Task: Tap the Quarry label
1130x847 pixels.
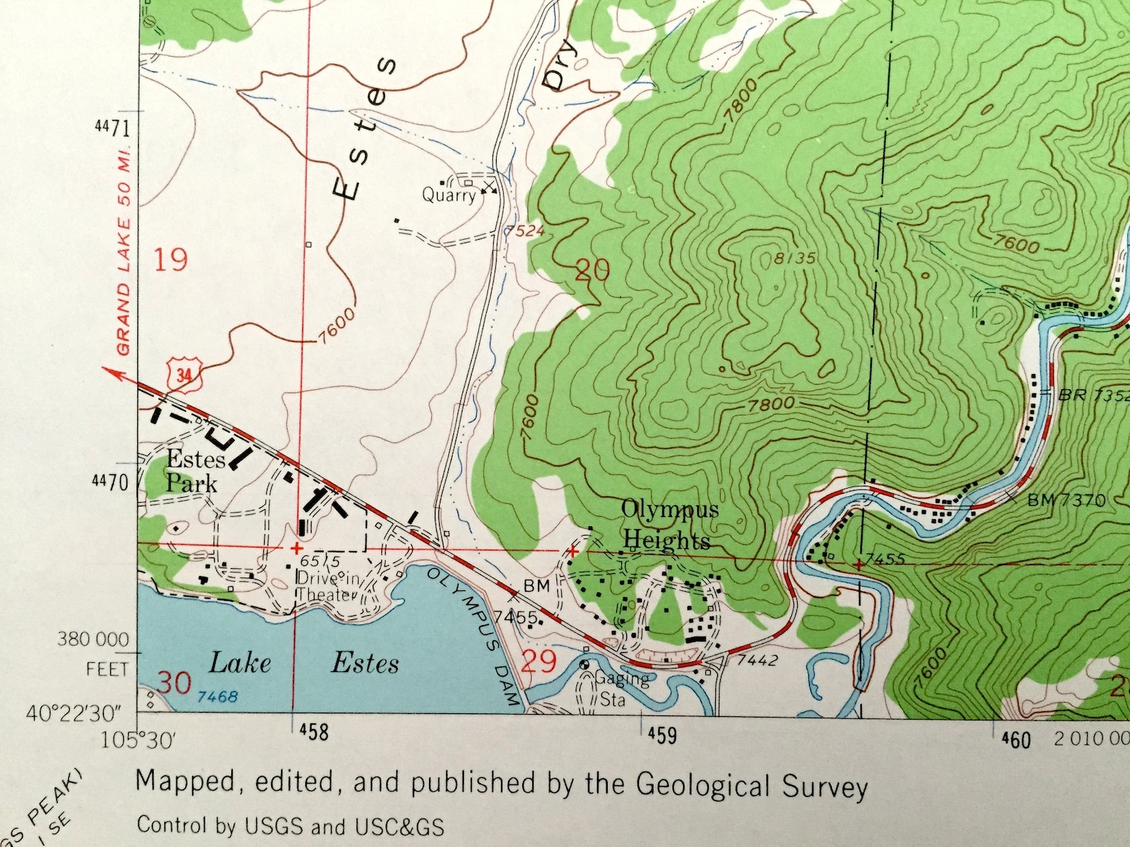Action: point(448,195)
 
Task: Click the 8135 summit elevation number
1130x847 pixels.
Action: point(794,258)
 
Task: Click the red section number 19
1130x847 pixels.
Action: point(171,260)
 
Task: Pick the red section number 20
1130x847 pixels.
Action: point(593,270)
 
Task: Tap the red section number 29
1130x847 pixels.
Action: point(539,662)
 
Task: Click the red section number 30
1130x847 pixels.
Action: point(174,683)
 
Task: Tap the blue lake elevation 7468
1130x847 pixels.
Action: point(217,696)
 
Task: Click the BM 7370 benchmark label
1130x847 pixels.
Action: point(1066,501)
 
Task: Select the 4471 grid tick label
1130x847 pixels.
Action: point(112,128)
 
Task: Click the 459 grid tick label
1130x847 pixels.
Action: point(662,735)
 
